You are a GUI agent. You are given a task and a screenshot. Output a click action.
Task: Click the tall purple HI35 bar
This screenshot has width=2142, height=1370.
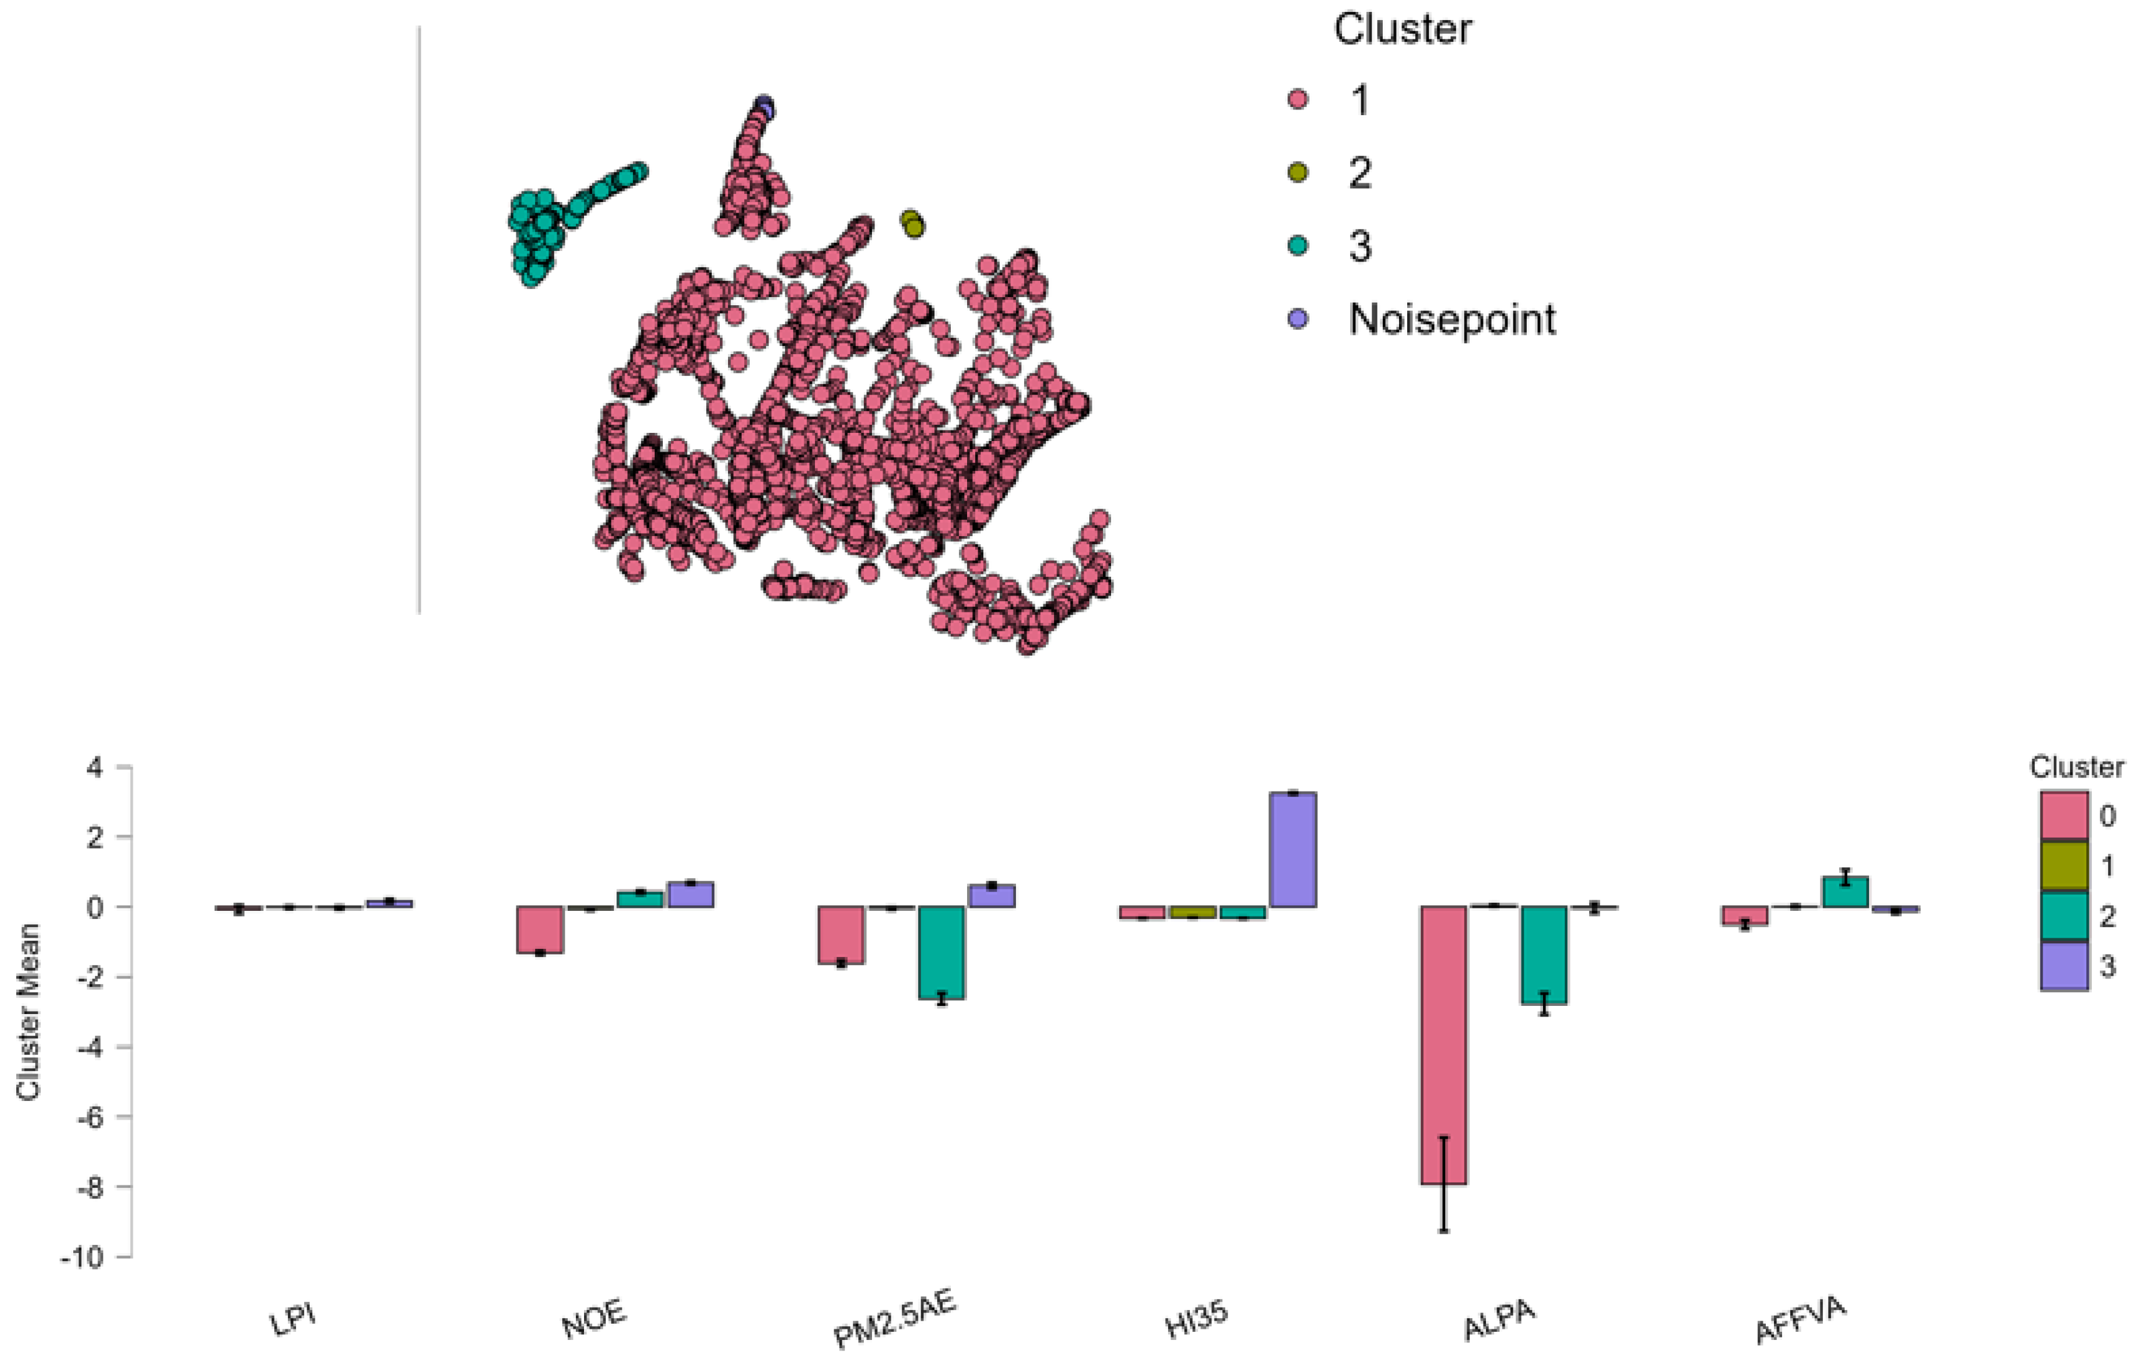1292,849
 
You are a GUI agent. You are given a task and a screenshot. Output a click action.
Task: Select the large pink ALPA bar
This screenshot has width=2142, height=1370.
1443,1045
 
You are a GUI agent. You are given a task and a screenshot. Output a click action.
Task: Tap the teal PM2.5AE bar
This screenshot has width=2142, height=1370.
941,952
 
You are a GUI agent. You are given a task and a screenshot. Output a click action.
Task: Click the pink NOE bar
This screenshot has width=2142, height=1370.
540,930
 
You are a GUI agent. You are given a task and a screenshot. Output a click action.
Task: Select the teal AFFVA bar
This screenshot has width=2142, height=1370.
1845,891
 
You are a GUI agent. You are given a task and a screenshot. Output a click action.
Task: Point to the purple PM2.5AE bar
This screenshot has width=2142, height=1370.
992,895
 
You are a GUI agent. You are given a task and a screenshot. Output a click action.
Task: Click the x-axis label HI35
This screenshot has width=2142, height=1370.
1197,1320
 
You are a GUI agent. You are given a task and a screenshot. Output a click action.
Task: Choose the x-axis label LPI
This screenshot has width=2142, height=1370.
293,1320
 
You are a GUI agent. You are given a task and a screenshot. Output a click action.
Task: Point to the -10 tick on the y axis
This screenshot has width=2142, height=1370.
82,1257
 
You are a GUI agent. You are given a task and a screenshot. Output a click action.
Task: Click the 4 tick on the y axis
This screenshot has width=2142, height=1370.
95,767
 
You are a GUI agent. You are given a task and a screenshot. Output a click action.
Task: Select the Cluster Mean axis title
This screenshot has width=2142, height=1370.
28,1012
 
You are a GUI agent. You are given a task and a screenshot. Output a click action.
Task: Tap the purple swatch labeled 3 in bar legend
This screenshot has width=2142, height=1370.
2064,966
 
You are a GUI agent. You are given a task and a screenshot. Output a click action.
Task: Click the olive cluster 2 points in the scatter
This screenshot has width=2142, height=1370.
912,223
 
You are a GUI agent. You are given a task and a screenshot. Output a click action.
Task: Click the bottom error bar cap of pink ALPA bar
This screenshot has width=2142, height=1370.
1443,1231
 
